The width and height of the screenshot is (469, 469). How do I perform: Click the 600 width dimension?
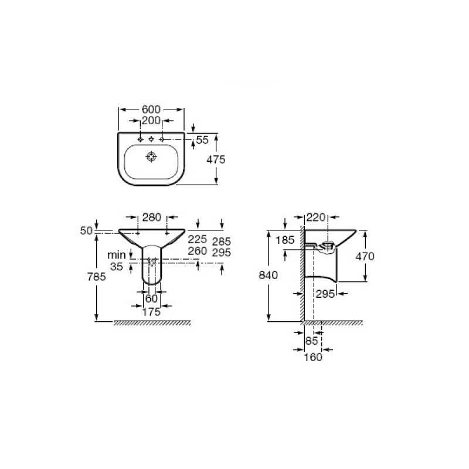coord(151,110)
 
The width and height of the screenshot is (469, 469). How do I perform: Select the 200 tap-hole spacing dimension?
coord(151,121)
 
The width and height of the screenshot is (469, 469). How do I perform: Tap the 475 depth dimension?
coord(216,159)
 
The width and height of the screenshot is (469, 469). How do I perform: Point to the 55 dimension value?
coord(202,140)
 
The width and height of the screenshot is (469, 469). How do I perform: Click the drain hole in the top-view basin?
coord(151,157)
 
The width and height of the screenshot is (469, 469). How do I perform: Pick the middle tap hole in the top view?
coord(151,139)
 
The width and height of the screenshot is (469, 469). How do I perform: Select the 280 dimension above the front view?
coord(152,217)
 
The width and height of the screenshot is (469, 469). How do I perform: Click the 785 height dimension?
coord(97,277)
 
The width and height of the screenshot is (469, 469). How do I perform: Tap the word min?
coord(117,255)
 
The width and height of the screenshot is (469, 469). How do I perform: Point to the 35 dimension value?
coord(117,266)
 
